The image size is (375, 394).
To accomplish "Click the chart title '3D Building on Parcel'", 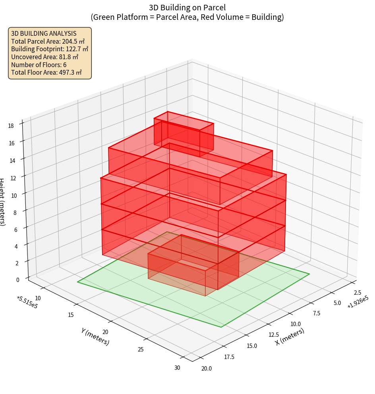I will (187, 7).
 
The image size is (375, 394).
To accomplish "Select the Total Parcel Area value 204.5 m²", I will (73, 41).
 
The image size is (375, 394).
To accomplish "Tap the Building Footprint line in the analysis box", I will (50, 49).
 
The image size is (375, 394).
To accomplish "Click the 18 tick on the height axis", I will (10, 126).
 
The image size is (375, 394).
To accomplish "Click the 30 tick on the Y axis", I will (177, 368).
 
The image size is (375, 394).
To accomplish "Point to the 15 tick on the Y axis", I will (71, 315).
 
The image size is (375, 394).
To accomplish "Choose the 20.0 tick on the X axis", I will (207, 369).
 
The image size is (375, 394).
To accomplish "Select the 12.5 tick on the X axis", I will (274, 334).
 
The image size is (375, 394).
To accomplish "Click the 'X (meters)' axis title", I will (290, 336).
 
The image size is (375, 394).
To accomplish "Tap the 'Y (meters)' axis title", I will (95, 336).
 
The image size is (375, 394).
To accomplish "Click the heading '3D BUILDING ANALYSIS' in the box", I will (44, 33).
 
